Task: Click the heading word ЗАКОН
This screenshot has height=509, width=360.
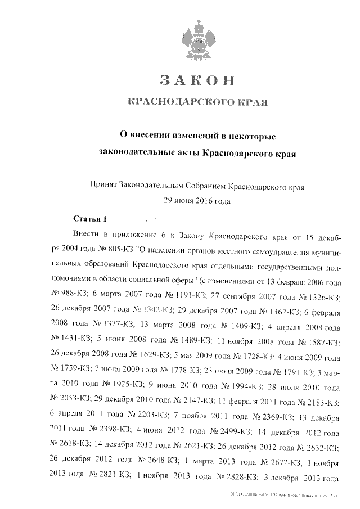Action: (x=196, y=80)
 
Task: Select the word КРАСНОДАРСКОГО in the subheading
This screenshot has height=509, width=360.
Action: (x=178, y=102)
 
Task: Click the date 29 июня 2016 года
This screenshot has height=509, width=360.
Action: (x=196, y=200)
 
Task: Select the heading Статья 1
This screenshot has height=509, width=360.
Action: (x=90, y=218)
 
